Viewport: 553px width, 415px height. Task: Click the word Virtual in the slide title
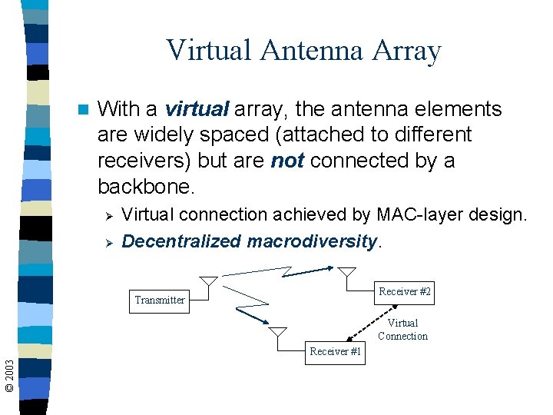208,51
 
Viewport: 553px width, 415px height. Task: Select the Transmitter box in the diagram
160,300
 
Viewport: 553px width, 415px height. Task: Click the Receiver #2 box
405,292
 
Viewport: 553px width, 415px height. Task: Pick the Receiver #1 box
336,351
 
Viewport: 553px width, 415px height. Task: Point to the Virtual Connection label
402,330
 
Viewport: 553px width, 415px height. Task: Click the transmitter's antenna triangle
208,282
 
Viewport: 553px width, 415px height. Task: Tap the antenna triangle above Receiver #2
347,272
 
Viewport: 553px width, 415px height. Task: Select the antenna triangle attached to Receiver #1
278,332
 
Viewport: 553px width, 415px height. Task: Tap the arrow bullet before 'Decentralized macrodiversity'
108,242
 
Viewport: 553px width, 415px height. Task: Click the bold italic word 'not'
288,161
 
